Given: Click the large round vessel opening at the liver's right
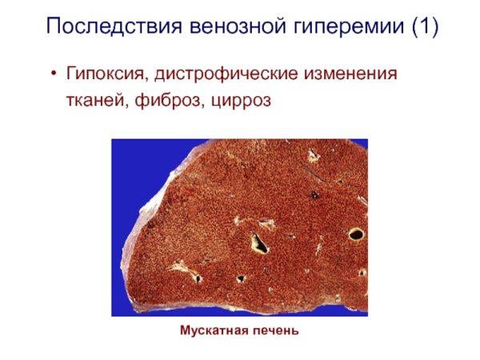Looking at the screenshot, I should coord(356,234).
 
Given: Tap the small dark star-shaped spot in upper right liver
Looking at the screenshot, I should coord(314,194).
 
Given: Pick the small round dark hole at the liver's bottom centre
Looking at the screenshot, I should coord(241,279).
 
